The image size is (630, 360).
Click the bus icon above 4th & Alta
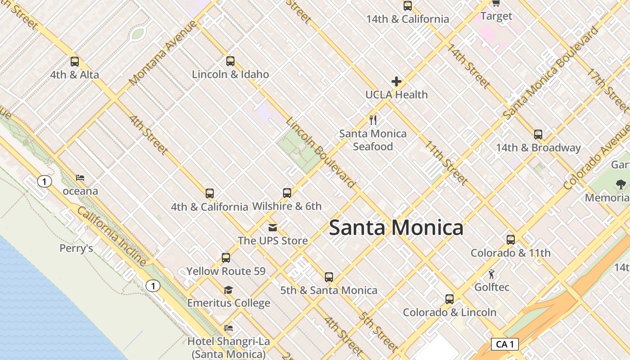pyautogui.click(x=75, y=62)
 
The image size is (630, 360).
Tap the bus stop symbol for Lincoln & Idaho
pyautogui.click(x=230, y=61)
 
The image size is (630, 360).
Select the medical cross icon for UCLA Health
pyautogui.click(x=396, y=81)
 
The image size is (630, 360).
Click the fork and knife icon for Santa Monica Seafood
pyautogui.click(x=373, y=120)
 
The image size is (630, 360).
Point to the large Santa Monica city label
pyautogui.click(x=396, y=228)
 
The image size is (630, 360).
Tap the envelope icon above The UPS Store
pyautogui.click(x=273, y=228)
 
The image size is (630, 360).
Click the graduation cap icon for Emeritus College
pyautogui.click(x=229, y=290)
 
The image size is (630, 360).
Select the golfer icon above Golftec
pyautogui.click(x=491, y=274)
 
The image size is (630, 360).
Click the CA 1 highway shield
pyautogui.click(x=504, y=345)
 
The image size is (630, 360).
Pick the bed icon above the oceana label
pyautogui.click(x=80, y=178)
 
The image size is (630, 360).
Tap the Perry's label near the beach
pyautogui.click(x=76, y=248)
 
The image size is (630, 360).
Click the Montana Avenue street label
pyautogui.click(x=163, y=53)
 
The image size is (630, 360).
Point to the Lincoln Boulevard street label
pyautogui.click(x=320, y=153)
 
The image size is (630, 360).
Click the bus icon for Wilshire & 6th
pyautogui.click(x=287, y=193)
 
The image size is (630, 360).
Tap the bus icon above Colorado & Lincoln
pyautogui.click(x=449, y=299)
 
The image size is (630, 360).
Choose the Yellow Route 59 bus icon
pyautogui.click(x=226, y=258)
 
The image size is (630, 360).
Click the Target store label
pyautogui.click(x=496, y=16)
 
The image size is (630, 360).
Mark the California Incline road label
pyautogui.click(x=112, y=236)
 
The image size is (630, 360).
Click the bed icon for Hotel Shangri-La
pyautogui.click(x=229, y=328)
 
